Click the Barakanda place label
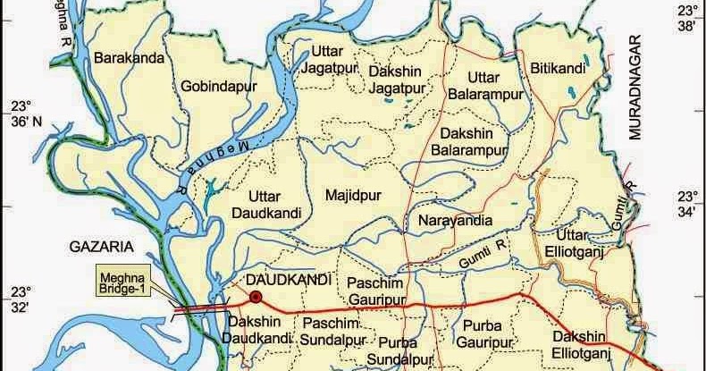(129, 59)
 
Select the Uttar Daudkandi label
(266, 204)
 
